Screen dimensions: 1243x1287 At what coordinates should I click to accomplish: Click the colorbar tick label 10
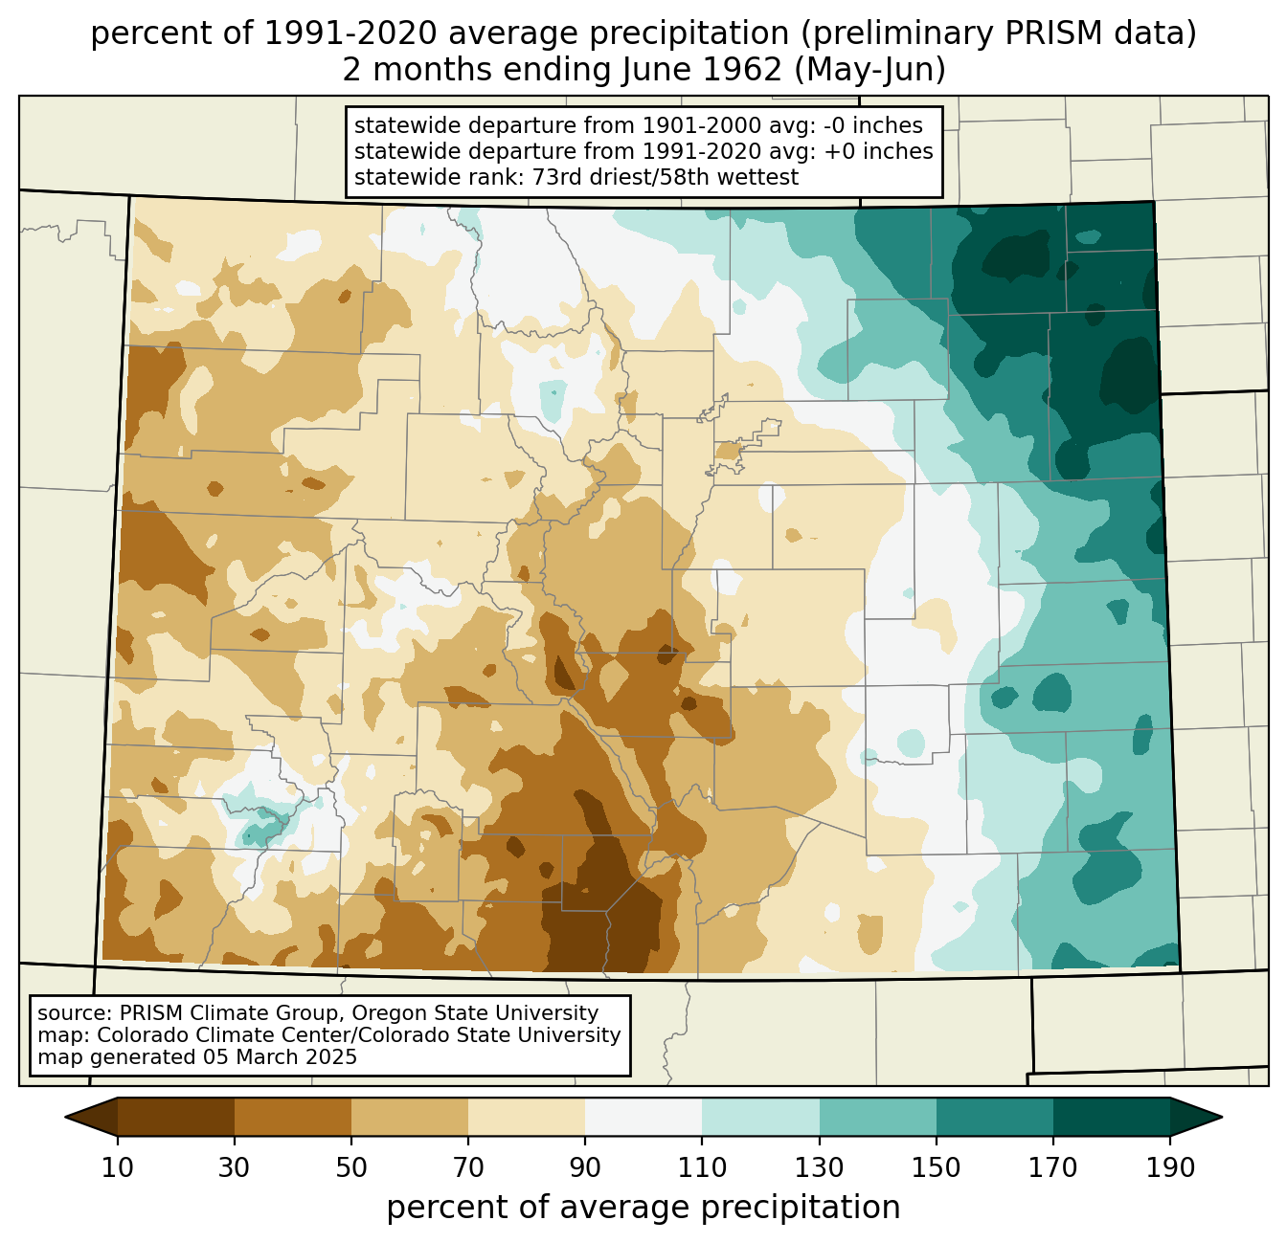[118, 1168]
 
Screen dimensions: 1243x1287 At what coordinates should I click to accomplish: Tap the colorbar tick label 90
[585, 1168]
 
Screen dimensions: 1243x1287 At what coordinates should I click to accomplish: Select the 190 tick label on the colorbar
[1169, 1168]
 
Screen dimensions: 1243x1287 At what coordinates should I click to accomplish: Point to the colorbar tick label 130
[819, 1168]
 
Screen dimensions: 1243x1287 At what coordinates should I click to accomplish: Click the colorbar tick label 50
[351, 1168]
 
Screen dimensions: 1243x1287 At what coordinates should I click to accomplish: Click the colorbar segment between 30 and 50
[293, 1117]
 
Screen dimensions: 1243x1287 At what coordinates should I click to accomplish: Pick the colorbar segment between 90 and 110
[643, 1117]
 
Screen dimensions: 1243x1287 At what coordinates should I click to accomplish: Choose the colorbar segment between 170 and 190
[1111, 1117]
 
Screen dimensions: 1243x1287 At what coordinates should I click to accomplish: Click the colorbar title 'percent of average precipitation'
[643, 1208]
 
